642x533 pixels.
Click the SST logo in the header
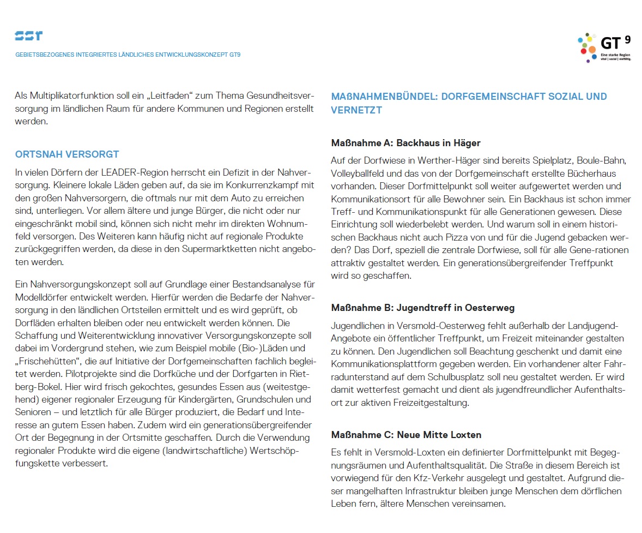click(x=28, y=36)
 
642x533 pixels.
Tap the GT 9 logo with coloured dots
click(x=604, y=47)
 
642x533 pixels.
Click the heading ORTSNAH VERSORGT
click(x=67, y=154)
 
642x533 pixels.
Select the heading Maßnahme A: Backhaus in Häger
click(x=405, y=143)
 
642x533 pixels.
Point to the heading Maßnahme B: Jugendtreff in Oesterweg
click(x=422, y=308)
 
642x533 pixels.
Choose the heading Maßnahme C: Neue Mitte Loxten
click(x=406, y=435)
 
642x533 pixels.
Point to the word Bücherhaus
click(x=591, y=173)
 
